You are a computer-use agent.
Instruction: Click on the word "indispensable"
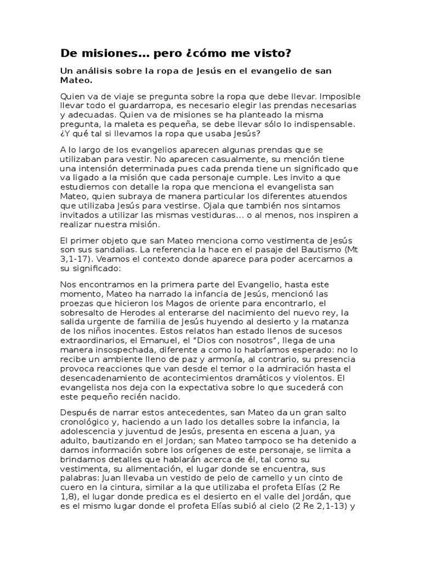click(x=320, y=125)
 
